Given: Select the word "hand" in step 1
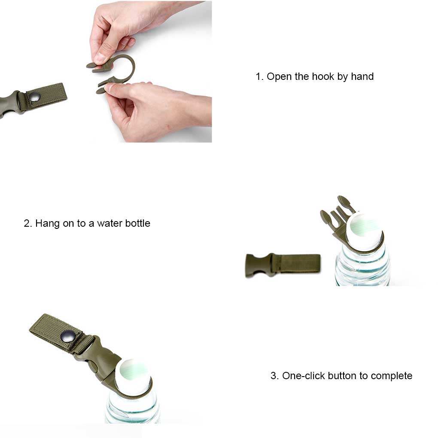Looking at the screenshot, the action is pyautogui.click(x=362, y=76).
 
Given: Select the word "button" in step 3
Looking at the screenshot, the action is pyautogui.click(x=343, y=376).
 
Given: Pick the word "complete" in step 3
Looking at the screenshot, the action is pyautogui.click(x=391, y=376).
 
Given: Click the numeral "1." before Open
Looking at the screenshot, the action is pyautogui.click(x=259, y=76).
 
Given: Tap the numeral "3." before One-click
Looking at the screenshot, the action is pyautogui.click(x=274, y=376).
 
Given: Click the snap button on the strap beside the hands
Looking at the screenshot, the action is pyautogui.click(x=35, y=97).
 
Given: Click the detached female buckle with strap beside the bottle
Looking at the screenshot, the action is pyautogui.click(x=283, y=265).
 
